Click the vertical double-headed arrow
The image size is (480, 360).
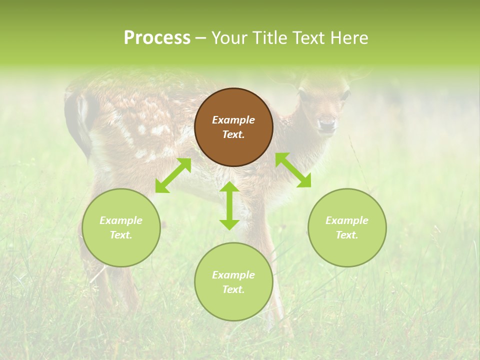(229, 205)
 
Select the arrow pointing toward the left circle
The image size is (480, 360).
(173, 175)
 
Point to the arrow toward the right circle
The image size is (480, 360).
(293, 170)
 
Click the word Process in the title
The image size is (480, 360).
(157, 37)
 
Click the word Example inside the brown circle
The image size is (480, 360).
(233, 120)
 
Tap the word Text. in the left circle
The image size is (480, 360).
(121, 235)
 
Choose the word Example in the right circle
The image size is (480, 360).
(347, 220)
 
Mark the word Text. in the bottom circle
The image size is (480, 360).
(233, 289)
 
